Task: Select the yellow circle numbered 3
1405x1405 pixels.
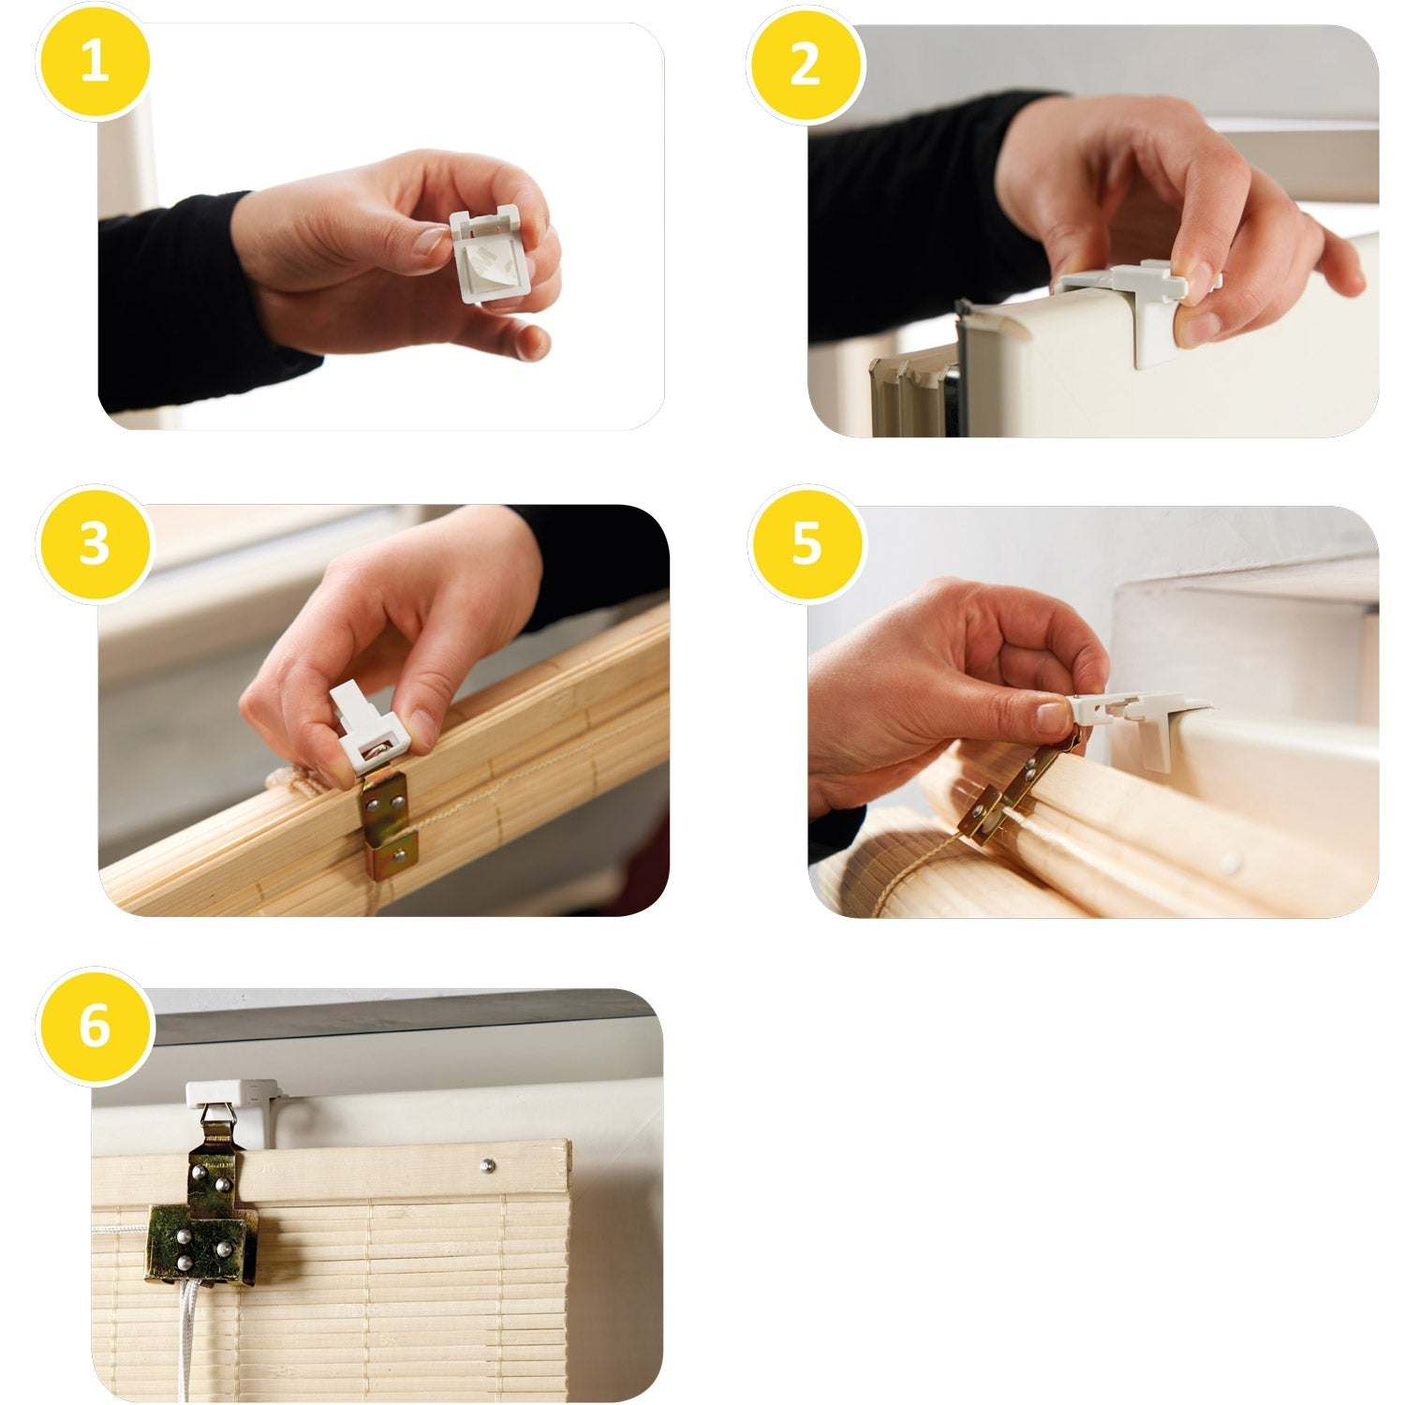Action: (x=93, y=543)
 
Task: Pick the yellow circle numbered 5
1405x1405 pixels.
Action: (x=805, y=543)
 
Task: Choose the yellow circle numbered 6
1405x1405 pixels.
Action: (x=93, y=1026)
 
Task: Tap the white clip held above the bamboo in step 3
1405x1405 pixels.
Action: (x=371, y=731)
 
